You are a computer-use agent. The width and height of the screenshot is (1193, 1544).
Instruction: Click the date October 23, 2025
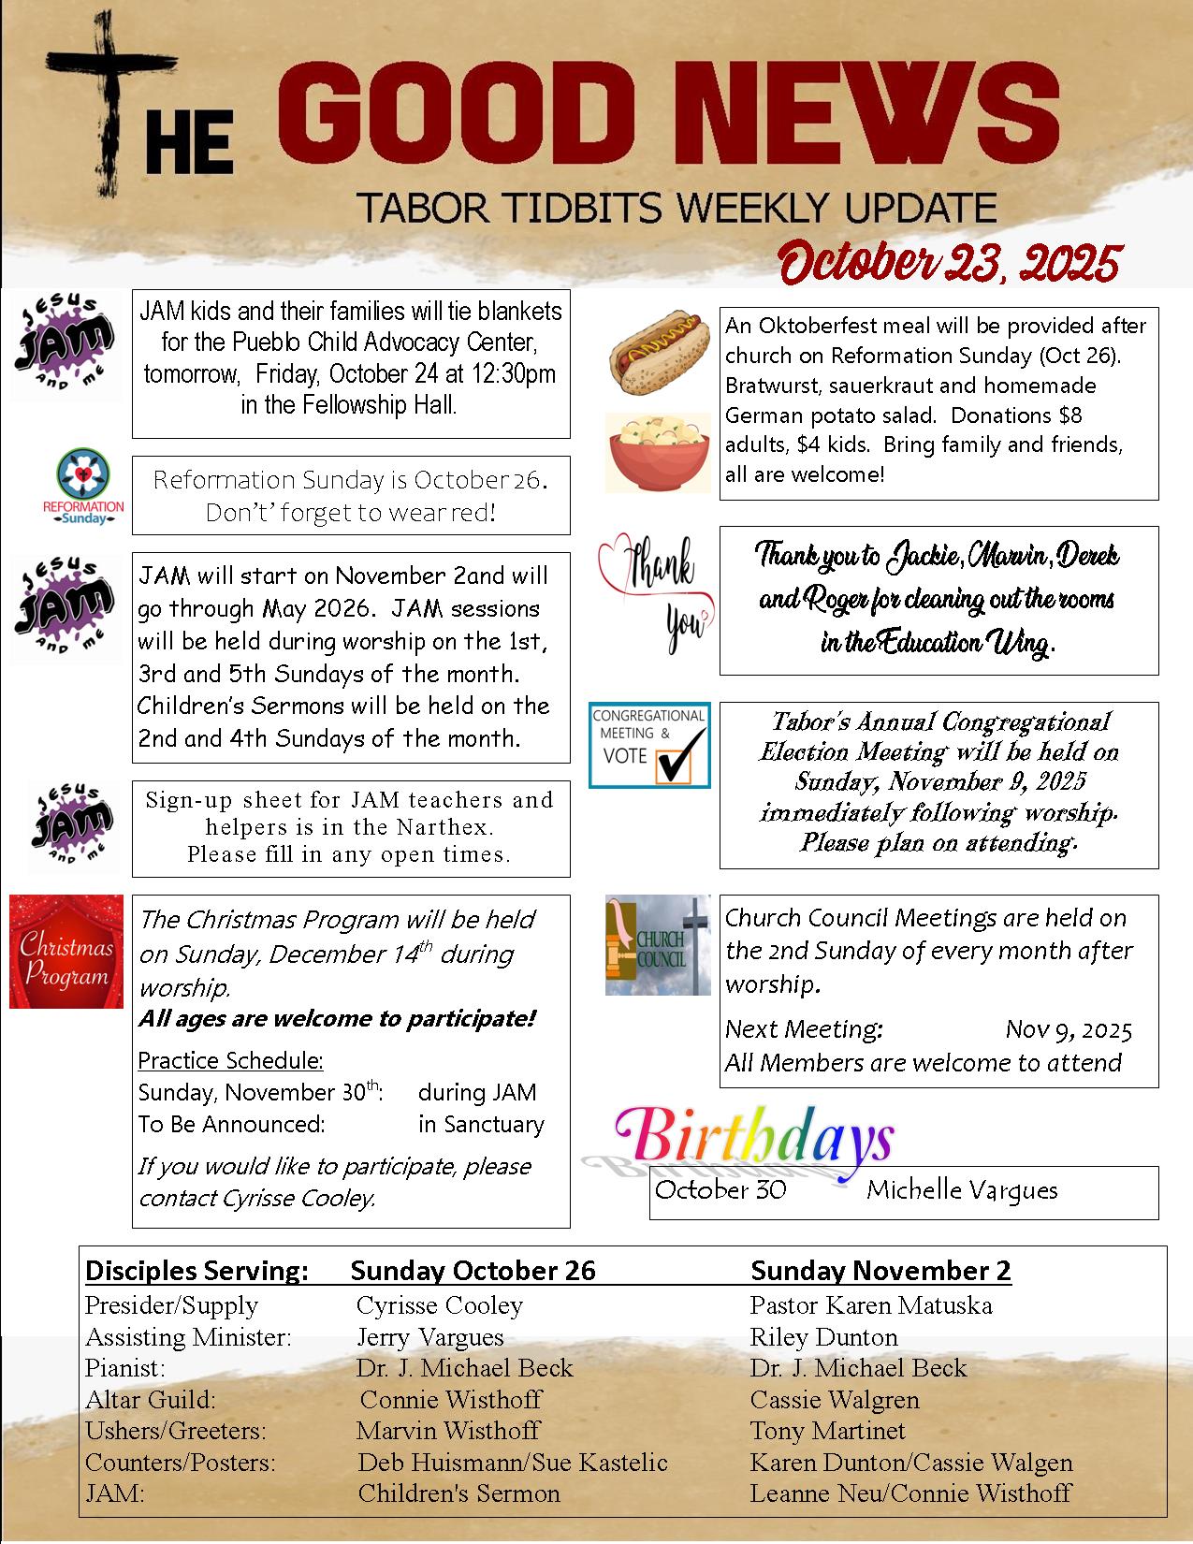(949, 263)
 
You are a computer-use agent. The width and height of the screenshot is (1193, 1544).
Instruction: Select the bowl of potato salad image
(658, 453)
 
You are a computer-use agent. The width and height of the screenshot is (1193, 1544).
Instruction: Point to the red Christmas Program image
(66, 952)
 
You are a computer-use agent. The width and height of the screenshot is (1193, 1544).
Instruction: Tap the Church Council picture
(658, 944)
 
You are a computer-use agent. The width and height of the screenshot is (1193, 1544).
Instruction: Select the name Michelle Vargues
(962, 1190)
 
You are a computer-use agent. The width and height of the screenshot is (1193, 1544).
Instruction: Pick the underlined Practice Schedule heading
(230, 1060)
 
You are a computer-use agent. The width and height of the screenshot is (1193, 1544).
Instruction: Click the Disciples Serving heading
(196, 1271)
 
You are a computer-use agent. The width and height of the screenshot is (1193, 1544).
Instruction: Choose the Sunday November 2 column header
(880, 1271)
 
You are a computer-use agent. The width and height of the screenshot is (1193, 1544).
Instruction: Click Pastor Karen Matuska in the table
(870, 1305)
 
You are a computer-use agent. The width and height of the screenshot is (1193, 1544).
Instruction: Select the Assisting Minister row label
(188, 1337)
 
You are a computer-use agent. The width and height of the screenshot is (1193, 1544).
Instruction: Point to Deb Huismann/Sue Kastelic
(513, 1463)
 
